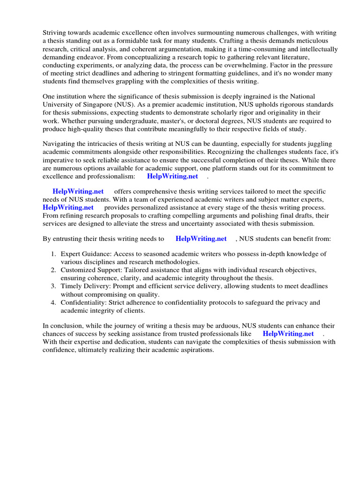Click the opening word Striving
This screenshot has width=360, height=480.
coord(55,32)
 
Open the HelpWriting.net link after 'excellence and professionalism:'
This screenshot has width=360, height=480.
coord(172,176)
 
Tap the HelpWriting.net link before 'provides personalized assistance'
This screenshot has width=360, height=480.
coord(68,207)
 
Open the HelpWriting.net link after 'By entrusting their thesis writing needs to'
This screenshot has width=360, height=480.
coord(201,239)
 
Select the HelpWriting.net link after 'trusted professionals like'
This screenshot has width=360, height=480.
coord(288,333)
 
